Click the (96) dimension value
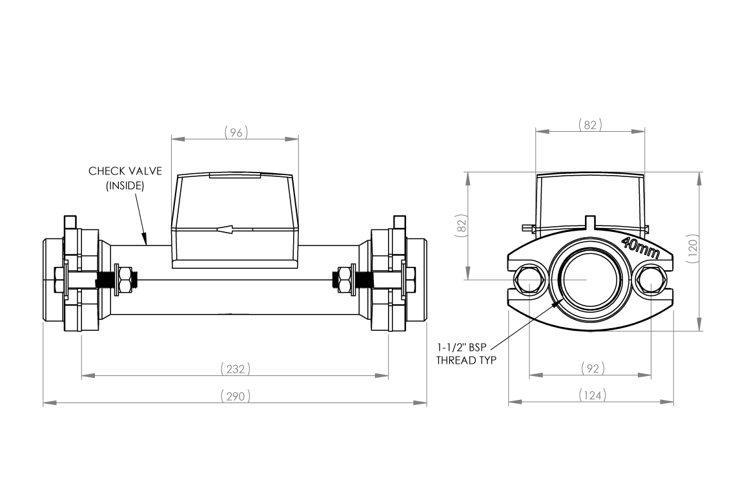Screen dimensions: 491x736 coord(236,132)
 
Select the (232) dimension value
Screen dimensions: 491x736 coord(235,369)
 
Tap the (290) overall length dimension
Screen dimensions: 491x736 coord(235,395)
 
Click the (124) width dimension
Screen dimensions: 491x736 coord(592,395)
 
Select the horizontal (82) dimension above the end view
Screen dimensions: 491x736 coord(590,125)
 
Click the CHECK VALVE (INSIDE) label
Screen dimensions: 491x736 coord(125,178)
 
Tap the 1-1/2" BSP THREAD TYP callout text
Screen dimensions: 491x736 coord(466,353)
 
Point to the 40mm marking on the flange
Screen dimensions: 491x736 coord(639,248)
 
